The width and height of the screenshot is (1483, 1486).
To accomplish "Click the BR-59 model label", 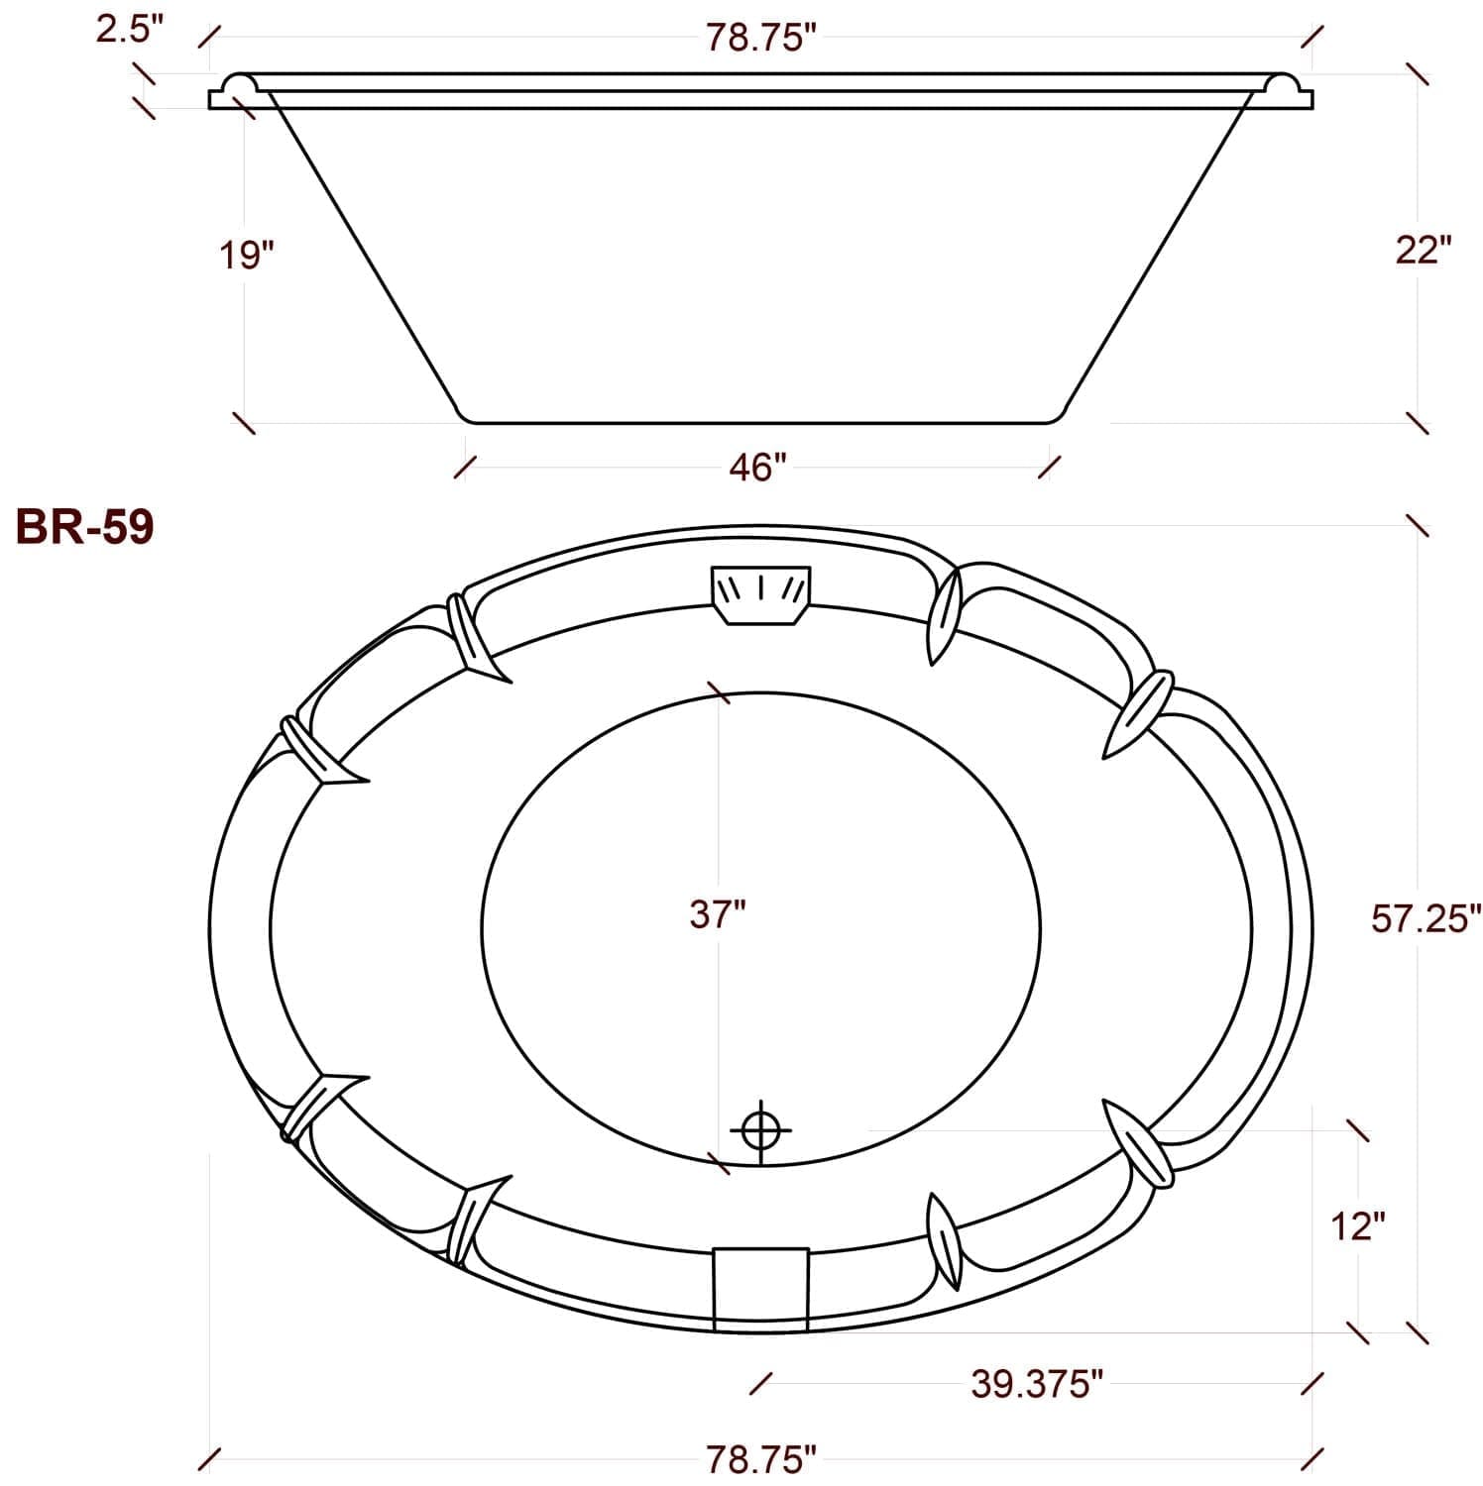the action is point(84,527).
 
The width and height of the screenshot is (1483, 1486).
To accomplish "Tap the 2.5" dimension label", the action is point(128,29).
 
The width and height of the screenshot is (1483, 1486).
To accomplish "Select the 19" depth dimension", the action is point(246,255).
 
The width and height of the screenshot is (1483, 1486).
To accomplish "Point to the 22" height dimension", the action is point(1423,250).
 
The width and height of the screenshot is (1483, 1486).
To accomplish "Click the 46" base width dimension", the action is point(757,467).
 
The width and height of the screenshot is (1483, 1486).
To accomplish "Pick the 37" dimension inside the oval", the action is point(717,913).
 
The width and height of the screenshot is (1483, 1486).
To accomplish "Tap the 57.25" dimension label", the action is point(1426,918).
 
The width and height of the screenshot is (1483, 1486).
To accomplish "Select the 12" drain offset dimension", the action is point(1357,1227).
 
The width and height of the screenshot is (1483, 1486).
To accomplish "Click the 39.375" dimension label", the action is point(1037,1384).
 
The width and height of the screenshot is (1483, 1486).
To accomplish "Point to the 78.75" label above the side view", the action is point(761,38).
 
